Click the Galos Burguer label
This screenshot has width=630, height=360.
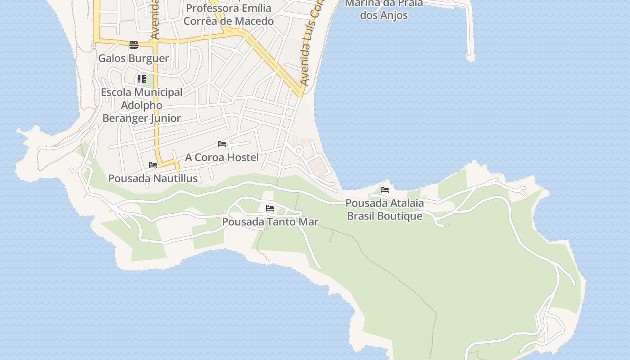134,58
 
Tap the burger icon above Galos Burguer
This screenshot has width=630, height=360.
133,45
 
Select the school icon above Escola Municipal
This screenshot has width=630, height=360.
142,80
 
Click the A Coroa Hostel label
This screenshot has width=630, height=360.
222,157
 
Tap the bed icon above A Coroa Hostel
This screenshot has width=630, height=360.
222,144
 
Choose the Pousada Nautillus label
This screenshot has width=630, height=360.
153,179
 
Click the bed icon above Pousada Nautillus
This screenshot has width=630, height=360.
153,165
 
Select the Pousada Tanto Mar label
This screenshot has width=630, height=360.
270,222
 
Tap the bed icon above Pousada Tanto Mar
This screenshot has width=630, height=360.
270,208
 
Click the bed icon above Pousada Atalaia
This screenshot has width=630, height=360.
385,190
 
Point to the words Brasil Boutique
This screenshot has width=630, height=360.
385,216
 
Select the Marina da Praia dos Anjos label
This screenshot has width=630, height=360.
384,9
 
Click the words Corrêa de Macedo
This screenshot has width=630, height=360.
229,21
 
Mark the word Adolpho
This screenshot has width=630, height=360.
142,105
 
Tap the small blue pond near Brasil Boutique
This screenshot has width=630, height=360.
449,224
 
